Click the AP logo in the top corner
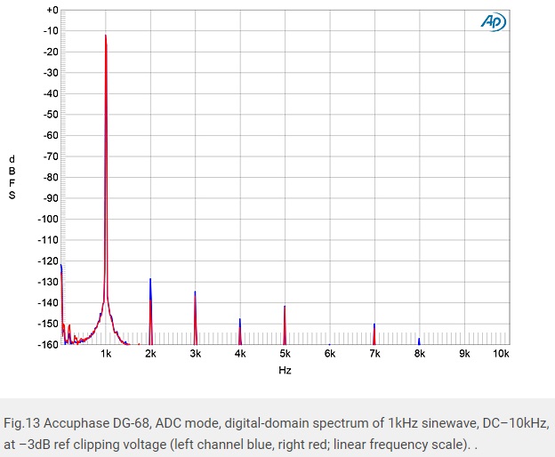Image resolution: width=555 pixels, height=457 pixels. tap(490, 22)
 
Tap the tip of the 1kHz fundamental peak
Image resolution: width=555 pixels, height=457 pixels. tap(106, 36)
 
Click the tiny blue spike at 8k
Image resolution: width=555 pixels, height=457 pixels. tap(419, 341)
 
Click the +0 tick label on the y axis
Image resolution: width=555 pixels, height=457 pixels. tap(51, 10)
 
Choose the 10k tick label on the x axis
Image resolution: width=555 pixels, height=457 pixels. tap(501, 354)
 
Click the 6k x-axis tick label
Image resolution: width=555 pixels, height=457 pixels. tap(330, 354)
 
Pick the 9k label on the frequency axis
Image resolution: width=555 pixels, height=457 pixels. tap(464, 354)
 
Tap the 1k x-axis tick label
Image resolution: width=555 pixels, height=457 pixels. tap(106, 354)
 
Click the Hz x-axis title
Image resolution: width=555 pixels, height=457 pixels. tap(285, 370)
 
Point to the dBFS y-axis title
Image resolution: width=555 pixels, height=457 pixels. tap(12, 176)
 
